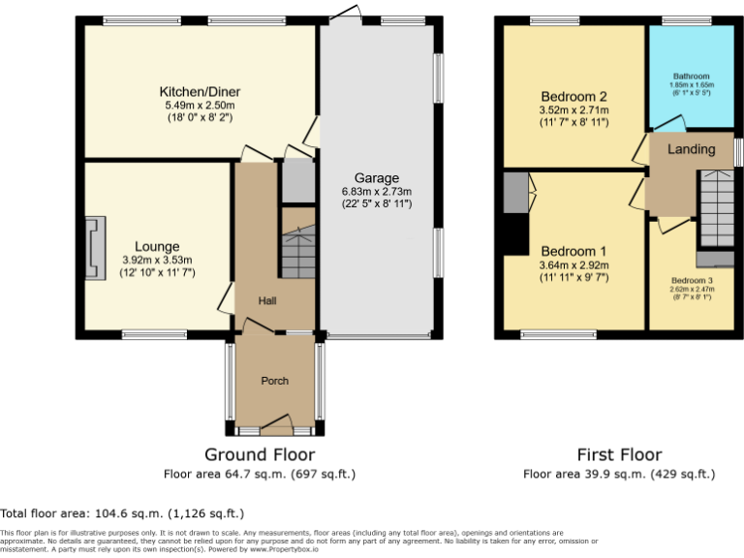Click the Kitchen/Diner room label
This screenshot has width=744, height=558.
[199, 92]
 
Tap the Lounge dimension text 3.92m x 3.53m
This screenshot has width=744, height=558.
[157, 260]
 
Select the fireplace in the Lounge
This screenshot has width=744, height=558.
[95, 248]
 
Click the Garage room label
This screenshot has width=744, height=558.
[376, 178]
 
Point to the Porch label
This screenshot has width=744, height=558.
[275, 381]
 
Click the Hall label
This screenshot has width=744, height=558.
[267, 301]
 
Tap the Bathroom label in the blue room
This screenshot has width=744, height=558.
[692, 77]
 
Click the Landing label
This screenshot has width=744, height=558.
[692, 149]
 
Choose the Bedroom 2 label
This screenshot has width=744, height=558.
[573, 97]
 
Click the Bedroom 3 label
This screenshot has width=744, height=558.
[691, 279]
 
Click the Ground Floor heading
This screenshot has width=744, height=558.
[260, 454]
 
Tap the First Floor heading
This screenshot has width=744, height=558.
[619, 454]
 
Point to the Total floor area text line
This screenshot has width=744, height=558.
[122, 513]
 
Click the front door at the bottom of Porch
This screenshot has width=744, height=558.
[276, 421]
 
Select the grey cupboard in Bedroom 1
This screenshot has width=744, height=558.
[513, 193]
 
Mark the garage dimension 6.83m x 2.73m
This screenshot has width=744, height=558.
[376, 192]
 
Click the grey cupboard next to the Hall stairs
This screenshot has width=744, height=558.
[298, 180]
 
